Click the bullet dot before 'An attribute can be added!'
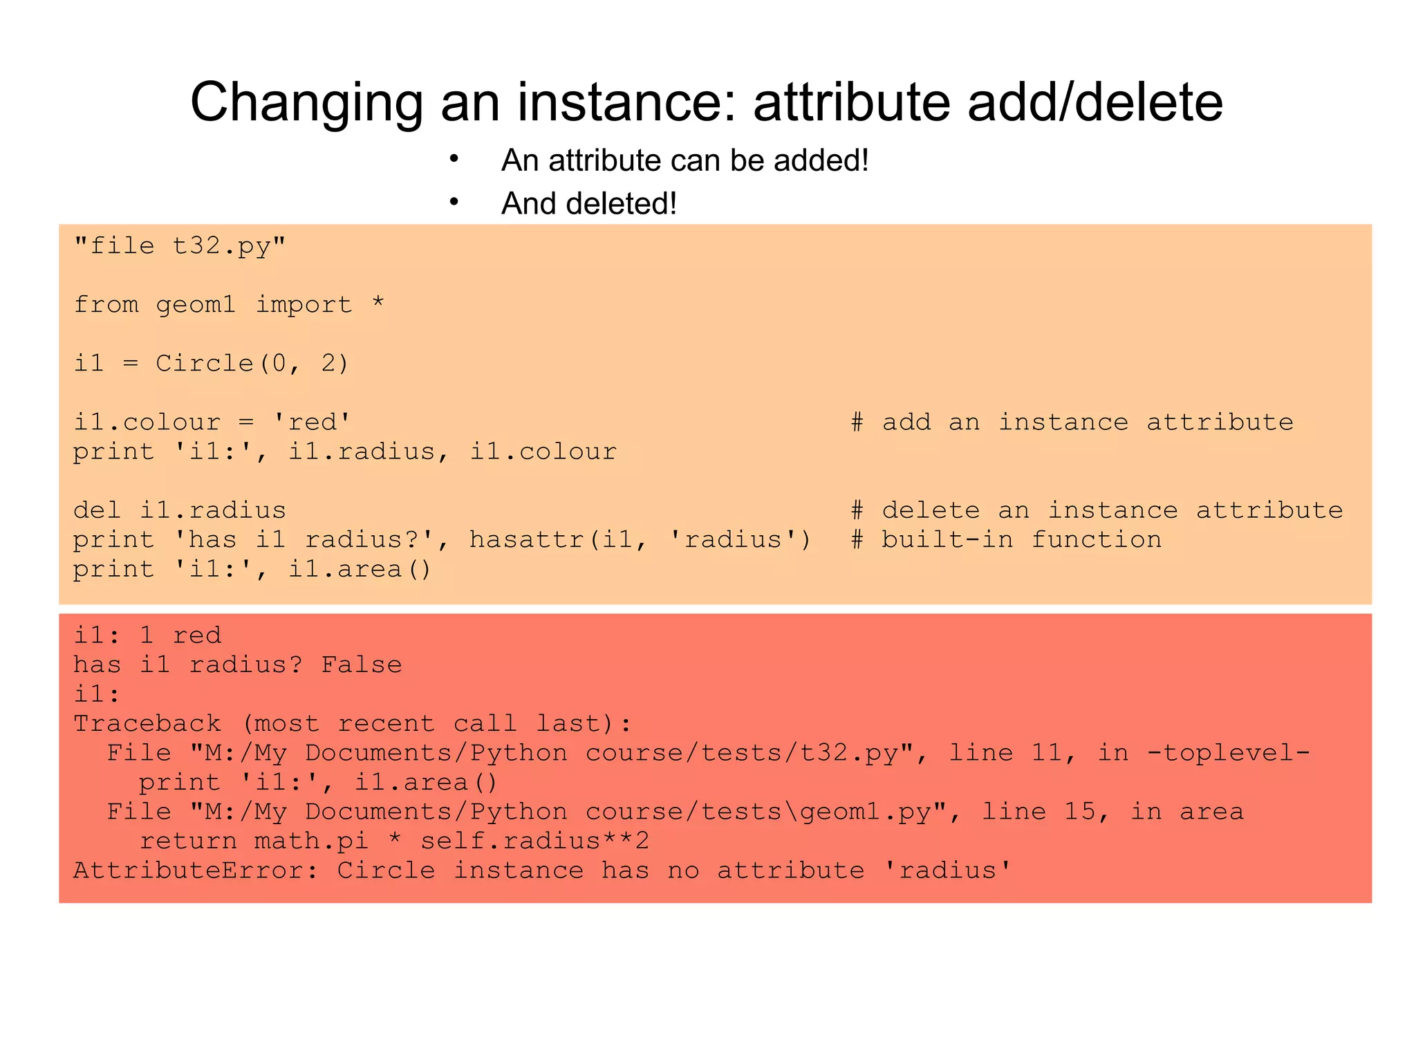click(454, 159)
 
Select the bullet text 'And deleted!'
click(588, 203)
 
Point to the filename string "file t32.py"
click(180, 245)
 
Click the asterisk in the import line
click(378, 304)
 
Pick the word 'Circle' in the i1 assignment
click(205, 363)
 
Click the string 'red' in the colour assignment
click(312, 422)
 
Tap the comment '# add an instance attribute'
click(1072, 422)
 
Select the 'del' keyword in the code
click(97, 510)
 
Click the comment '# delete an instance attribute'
click(1097, 510)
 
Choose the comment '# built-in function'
click(1006, 539)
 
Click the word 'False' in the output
click(361, 664)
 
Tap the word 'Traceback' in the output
click(147, 723)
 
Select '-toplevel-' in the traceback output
click(1228, 752)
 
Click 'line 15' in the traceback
click(1044, 811)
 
